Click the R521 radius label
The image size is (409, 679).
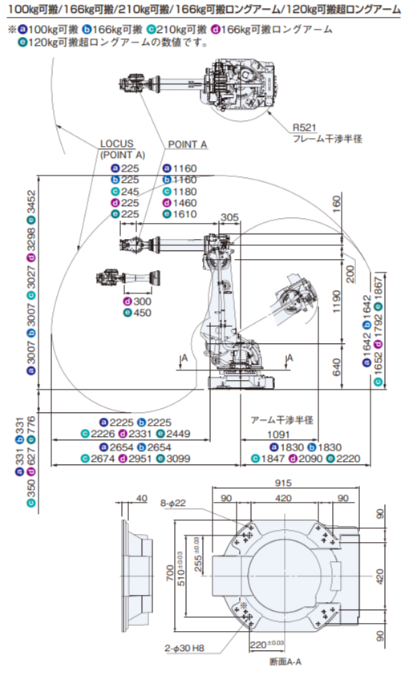pyautogui.click(x=305, y=127)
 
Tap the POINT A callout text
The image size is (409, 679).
pyautogui.click(x=188, y=144)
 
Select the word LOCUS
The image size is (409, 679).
pyautogui.click(x=117, y=143)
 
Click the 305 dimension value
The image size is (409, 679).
pyautogui.click(x=229, y=217)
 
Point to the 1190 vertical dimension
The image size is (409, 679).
pyautogui.click(x=337, y=302)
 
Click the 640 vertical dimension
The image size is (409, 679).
pyautogui.click(x=337, y=366)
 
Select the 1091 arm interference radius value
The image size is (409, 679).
pyautogui.click(x=278, y=434)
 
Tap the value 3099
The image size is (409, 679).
pyautogui.click(x=179, y=459)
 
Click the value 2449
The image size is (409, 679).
pyautogui.click(x=179, y=434)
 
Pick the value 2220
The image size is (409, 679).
pyautogui.click(x=348, y=459)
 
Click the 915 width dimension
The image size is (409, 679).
pyautogui.click(x=283, y=483)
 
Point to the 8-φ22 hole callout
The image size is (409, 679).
pyautogui.click(x=173, y=503)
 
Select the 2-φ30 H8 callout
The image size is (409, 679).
pyautogui.click(x=184, y=649)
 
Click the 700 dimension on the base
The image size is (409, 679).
pyautogui.click(x=170, y=573)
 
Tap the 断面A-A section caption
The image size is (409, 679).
pyautogui.click(x=285, y=661)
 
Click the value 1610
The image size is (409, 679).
pyautogui.click(x=185, y=214)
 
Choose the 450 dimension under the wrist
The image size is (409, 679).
pyautogui.click(x=143, y=313)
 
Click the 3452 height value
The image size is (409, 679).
pyautogui.click(x=31, y=203)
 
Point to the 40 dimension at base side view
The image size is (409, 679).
pyautogui.click(x=142, y=499)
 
